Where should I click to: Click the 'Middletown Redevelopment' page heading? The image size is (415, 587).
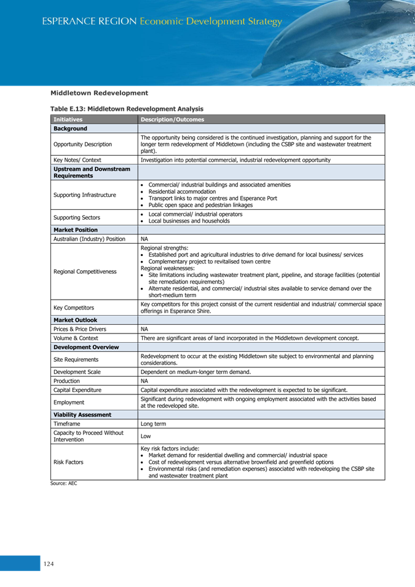point(99,93)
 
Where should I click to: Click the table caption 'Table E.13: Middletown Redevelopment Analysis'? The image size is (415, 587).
point(127,109)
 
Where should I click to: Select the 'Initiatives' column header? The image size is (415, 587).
point(68,119)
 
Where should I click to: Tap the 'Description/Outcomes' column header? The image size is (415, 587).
point(169,119)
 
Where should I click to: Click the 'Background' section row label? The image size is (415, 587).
point(70,129)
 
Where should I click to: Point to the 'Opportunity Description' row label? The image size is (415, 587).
point(82,144)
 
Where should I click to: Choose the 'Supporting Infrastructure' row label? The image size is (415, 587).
point(84,195)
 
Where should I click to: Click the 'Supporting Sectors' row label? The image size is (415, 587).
point(77,217)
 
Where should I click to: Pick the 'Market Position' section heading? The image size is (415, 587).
point(76,230)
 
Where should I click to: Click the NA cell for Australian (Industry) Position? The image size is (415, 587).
point(144,239)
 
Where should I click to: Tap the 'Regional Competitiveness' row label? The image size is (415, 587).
point(85,271)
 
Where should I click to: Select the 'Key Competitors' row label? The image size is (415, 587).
point(74,308)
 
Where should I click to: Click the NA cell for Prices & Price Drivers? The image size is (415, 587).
point(144,329)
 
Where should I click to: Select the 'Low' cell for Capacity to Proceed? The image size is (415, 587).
point(145,436)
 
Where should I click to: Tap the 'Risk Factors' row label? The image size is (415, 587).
point(68,461)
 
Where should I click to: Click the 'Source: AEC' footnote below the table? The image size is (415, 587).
point(64,484)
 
